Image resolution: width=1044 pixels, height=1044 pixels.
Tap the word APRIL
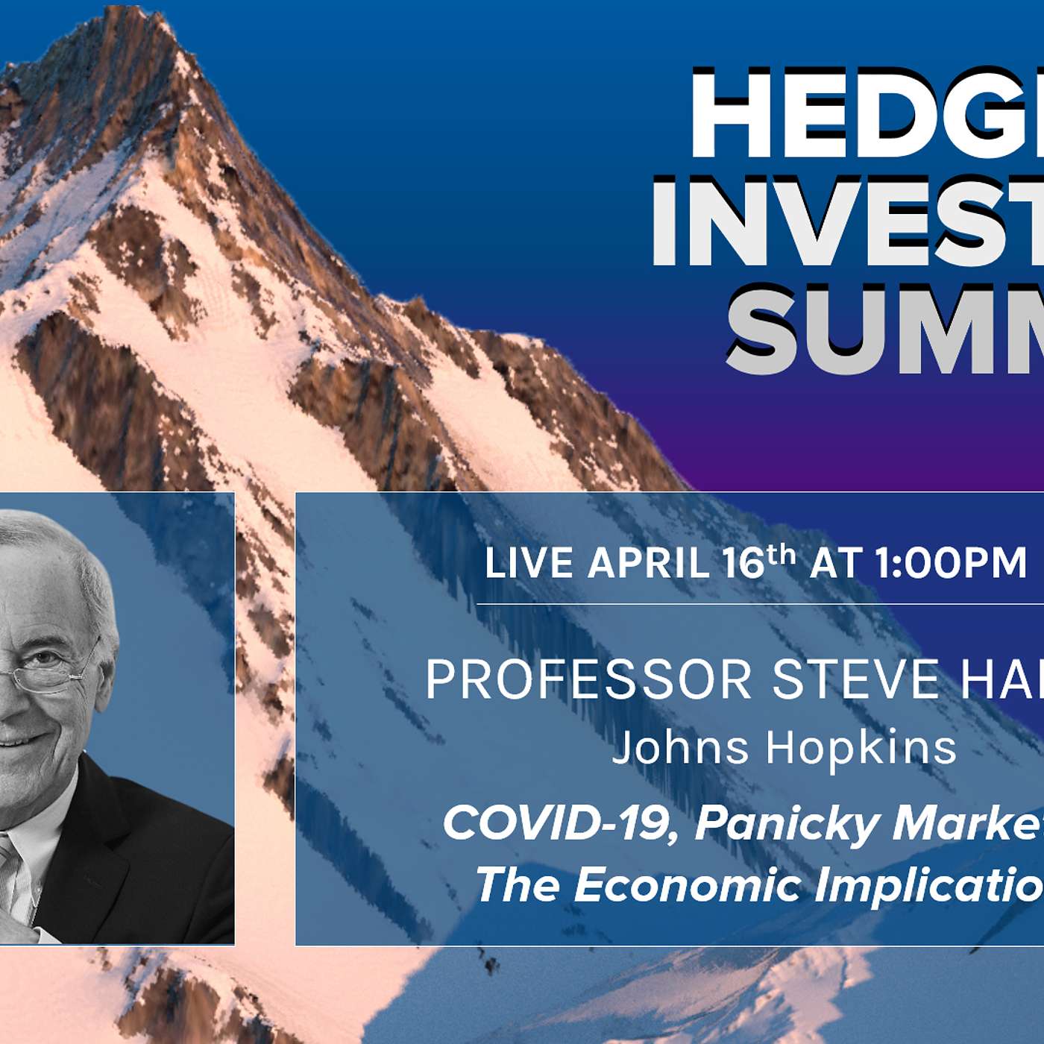648,563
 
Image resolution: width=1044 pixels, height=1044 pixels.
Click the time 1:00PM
951,563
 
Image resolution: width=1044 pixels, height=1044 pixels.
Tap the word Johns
680,747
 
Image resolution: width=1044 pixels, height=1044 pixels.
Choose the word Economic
687,885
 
